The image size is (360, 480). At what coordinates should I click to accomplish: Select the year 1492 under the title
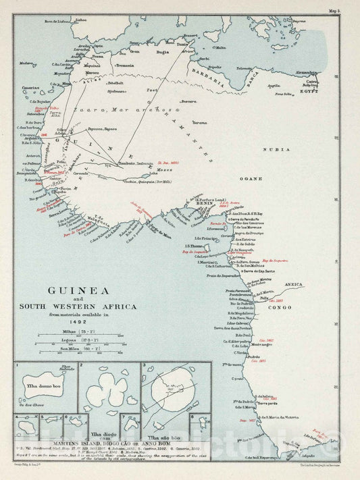coord(91,321)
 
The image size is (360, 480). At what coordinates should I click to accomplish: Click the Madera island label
coord(27,63)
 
